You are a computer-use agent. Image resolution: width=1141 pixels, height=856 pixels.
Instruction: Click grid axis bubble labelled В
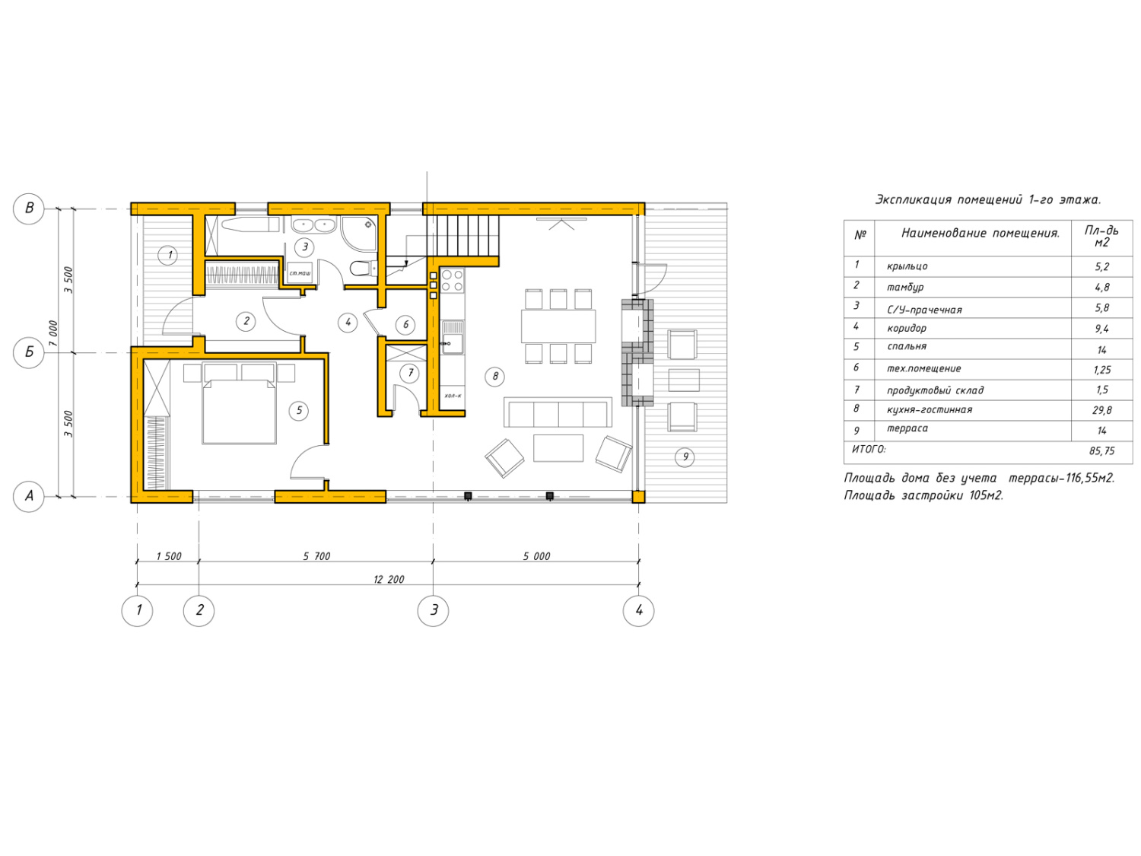click(x=29, y=208)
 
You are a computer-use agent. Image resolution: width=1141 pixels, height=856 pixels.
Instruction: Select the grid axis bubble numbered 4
click(x=638, y=610)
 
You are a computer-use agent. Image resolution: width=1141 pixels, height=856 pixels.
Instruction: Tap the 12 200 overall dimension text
click(x=388, y=579)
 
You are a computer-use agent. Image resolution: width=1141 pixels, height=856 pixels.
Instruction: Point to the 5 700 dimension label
click(x=316, y=556)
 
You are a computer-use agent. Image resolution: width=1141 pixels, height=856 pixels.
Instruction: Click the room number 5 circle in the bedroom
click(x=299, y=411)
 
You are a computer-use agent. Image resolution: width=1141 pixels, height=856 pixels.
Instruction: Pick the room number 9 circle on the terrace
click(x=685, y=457)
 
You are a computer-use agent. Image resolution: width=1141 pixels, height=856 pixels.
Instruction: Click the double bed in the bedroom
click(x=239, y=411)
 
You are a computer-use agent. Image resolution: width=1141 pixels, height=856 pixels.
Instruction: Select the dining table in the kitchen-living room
click(x=558, y=326)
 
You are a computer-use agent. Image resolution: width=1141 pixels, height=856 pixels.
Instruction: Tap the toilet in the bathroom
click(x=362, y=268)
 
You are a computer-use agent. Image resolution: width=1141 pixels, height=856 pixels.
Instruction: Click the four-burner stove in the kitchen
click(x=453, y=280)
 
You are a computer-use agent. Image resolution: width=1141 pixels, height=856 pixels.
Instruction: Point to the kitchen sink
click(x=453, y=337)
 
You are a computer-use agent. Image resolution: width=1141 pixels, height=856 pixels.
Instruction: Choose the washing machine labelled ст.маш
click(x=300, y=272)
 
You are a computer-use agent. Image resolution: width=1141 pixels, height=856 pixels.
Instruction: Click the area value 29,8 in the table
click(x=1101, y=410)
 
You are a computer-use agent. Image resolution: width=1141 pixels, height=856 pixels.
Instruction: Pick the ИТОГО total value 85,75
click(x=1101, y=450)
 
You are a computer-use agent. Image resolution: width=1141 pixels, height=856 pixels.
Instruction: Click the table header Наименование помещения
click(x=980, y=234)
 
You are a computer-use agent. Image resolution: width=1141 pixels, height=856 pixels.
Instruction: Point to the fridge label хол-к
click(x=453, y=396)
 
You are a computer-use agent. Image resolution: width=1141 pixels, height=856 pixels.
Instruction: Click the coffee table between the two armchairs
click(x=558, y=448)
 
